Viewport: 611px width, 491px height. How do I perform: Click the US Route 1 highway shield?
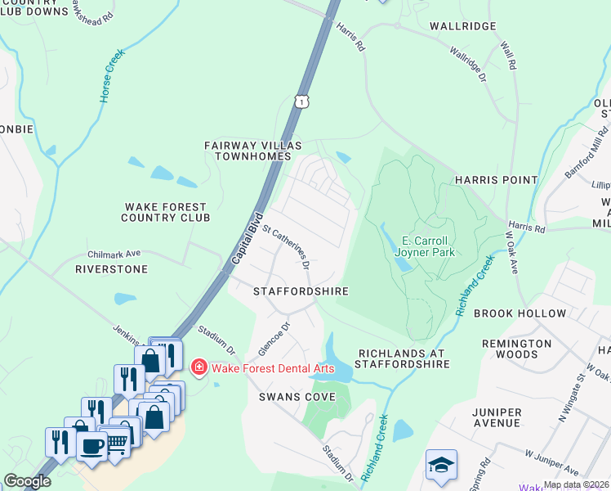tap(302, 101)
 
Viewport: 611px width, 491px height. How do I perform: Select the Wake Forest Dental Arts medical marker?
tap(198, 367)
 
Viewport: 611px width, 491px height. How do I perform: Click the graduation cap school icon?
tap(440, 464)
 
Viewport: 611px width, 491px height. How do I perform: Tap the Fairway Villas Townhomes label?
tap(252, 151)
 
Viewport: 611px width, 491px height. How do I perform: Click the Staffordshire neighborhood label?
tap(301, 291)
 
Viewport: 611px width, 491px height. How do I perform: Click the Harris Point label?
tap(496, 180)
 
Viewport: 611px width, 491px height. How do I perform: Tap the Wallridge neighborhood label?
tap(463, 27)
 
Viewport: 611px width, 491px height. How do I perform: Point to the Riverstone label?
tap(111, 268)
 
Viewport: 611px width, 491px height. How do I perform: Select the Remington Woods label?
tap(521, 349)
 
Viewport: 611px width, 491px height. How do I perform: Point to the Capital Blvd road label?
tap(242, 243)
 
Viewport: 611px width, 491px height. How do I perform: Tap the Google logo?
tap(27, 481)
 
